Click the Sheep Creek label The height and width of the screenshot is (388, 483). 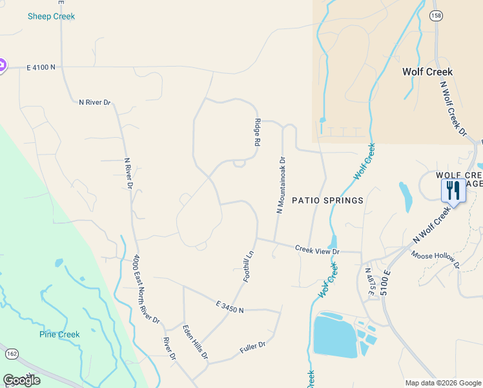pos(51,16)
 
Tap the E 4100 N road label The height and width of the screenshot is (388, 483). pos(41,67)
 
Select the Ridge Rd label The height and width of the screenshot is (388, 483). pos(257,132)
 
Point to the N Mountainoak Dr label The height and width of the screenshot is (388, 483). pos(281,184)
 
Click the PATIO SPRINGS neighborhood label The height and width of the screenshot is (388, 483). pos(327,200)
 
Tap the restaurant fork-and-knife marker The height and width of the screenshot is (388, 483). pos(453,190)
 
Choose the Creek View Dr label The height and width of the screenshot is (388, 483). pos(317,249)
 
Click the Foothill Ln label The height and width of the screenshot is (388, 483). pos(248,266)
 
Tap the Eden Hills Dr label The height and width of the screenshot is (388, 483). pos(195,342)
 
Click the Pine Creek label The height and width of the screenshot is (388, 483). pos(59,334)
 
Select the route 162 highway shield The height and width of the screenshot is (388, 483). pos(11,354)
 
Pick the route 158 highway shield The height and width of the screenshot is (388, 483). pos(437,16)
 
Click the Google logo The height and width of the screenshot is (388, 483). pos(21,380)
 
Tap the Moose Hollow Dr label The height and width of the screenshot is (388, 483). pos(435,259)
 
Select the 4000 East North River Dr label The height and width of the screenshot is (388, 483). pos(146,288)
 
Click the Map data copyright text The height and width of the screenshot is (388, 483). pos(442,383)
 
